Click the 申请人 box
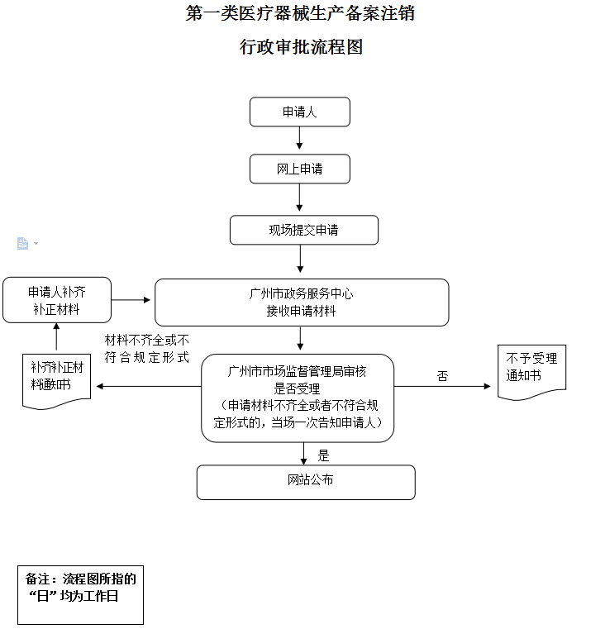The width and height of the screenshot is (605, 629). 300,112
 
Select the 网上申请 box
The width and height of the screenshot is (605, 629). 300,169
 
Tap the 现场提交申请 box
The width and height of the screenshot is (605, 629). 303,230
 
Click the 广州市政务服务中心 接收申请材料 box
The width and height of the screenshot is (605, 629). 302,303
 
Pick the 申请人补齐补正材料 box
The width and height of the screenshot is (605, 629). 57,300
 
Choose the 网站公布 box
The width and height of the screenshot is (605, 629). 306,482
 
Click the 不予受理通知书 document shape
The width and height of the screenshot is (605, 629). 531,372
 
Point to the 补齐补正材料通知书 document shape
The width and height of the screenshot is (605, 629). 56,381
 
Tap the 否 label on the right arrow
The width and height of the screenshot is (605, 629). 442,376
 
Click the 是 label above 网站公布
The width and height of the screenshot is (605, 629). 323,455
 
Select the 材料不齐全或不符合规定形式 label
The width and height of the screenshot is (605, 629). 147,349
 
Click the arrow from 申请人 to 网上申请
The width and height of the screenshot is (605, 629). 299,138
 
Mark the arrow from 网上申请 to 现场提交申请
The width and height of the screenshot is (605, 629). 299,198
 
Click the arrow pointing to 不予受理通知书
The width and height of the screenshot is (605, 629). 442,386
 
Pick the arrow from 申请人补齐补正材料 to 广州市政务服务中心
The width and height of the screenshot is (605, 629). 131,300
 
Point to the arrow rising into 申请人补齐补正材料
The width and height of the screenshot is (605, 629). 56,336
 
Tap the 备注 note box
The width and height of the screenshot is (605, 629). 80,595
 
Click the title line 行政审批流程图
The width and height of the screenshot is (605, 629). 302,47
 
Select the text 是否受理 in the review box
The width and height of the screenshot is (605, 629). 297,388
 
